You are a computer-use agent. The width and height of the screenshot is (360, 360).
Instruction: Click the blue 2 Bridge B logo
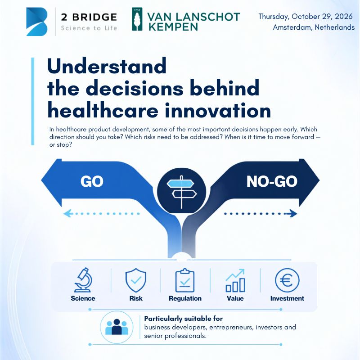[37, 22]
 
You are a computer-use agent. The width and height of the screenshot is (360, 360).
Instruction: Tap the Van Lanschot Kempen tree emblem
[137, 19]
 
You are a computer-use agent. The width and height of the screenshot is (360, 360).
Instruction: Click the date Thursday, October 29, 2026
[306, 17]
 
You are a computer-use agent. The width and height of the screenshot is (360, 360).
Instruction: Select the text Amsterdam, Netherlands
[314, 27]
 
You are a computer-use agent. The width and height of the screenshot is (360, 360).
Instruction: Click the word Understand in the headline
[107, 66]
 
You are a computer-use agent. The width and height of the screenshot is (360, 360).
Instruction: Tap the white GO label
[92, 181]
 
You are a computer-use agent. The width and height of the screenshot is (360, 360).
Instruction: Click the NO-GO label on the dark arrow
[272, 181]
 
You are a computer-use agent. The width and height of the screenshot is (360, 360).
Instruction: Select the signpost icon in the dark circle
[182, 192]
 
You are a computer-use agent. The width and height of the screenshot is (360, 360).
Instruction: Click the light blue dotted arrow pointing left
[101, 213]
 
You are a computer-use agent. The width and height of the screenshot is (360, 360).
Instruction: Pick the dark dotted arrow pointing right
[261, 213]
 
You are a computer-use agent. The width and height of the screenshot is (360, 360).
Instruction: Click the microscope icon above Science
[83, 280]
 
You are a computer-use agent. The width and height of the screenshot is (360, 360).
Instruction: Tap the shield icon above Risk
[136, 280]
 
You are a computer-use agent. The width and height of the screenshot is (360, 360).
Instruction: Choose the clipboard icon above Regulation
[185, 280]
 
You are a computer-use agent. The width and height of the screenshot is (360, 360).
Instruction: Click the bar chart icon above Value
[235, 280]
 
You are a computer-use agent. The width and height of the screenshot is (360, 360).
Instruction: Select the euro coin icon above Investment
[287, 280]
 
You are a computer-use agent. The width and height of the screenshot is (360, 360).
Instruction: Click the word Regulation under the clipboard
[185, 298]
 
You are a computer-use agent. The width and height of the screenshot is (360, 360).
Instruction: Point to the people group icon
[117, 327]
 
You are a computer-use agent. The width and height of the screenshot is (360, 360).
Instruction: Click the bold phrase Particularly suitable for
[184, 319]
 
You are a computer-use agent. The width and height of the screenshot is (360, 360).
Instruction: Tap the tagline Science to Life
[89, 28]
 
